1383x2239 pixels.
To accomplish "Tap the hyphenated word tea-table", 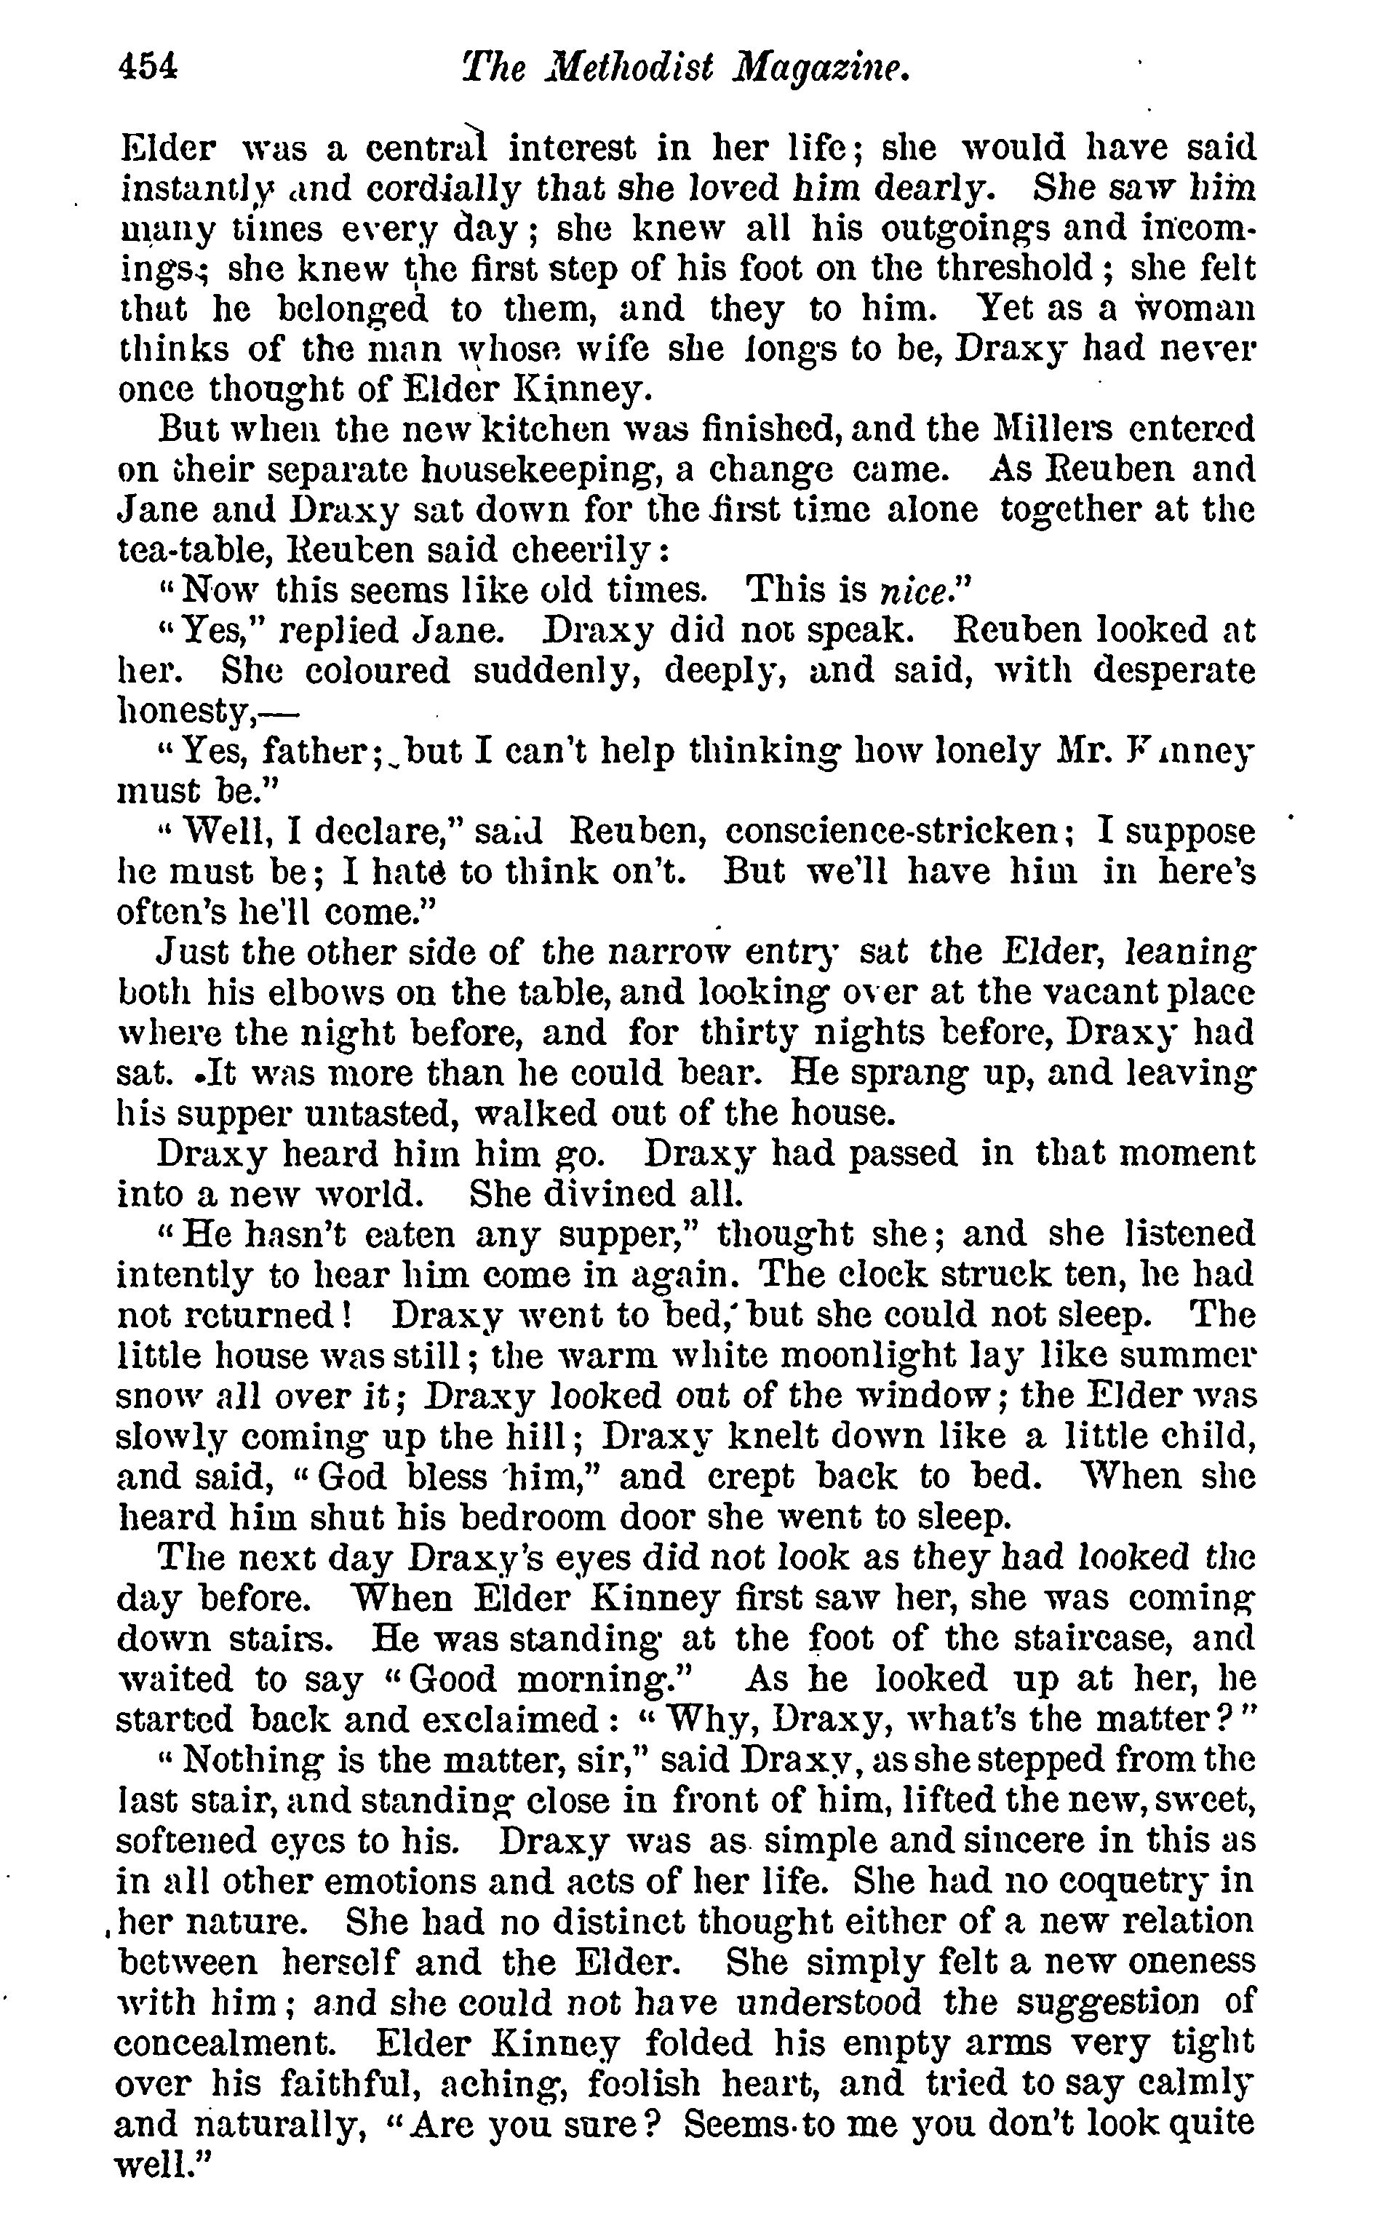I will pos(186,549).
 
